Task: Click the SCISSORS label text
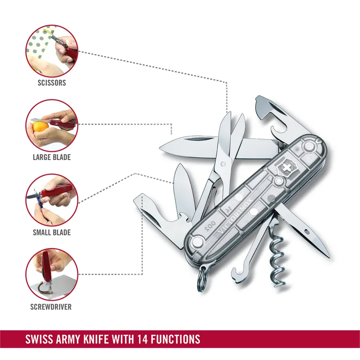[52, 83]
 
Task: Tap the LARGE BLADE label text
[52, 157]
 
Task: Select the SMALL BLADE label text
[52, 233]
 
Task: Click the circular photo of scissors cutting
[52, 50]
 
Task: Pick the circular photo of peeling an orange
[52, 125]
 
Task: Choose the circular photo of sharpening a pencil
[52, 199]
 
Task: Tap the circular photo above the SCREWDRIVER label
[52, 274]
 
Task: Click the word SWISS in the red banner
[40, 338]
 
